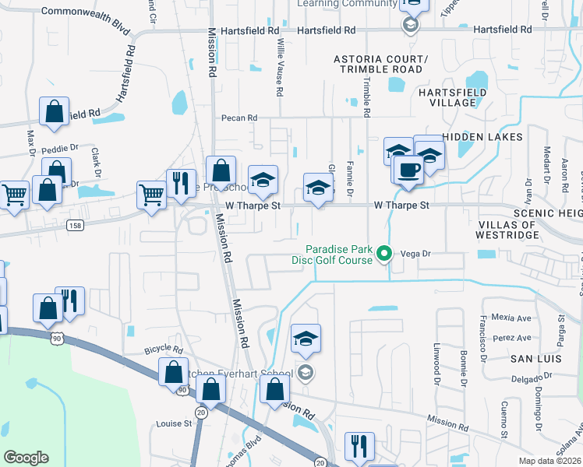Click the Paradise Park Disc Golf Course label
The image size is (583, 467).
tap(338, 255)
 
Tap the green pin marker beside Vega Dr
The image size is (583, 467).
tap(383, 253)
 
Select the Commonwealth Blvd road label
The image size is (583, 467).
tap(85, 12)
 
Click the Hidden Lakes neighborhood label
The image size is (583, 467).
tap(475, 136)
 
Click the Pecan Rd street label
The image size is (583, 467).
tap(238, 118)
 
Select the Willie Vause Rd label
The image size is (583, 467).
tap(279, 70)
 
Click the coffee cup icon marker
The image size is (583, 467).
tap(408, 170)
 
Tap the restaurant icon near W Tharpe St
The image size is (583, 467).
tap(181, 184)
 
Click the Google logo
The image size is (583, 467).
tap(26, 458)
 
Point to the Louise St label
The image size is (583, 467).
tap(174, 424)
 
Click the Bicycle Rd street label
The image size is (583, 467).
tap(163, 349)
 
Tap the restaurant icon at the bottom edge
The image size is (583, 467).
tap(359, 446)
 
